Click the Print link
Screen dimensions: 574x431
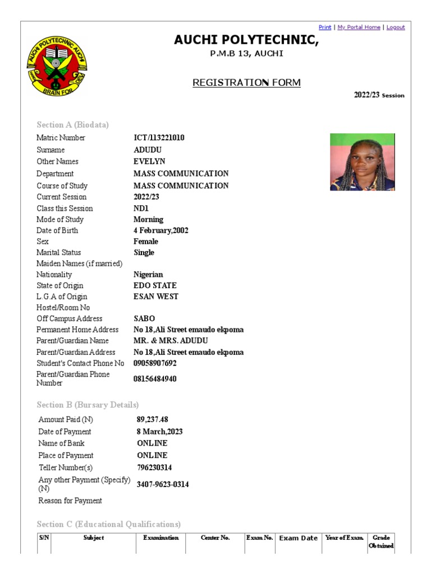click(325, 27)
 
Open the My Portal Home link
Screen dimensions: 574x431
click(359, 27)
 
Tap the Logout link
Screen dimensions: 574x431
click(396, 27)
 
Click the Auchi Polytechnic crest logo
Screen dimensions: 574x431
click(57, 67)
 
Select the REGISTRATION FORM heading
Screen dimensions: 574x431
click(246, 83)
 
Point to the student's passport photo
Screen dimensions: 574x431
click(362, 162)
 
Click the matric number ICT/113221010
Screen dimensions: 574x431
click(159, 138)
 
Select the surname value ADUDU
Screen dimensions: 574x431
click(148, 150)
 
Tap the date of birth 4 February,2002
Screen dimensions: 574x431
click(161, 230)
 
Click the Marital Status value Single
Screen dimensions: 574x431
click(144, 253)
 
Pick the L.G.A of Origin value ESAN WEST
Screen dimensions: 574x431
click(156, 297)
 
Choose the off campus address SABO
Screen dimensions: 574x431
click(144, 319)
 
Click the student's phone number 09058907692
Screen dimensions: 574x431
click(155, 363)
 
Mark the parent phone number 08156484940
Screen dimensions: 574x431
click(155, 379)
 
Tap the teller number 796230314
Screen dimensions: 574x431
click(154, 467)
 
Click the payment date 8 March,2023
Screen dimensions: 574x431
click(159, 432)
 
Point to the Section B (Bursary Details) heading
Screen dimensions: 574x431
click(88, 405)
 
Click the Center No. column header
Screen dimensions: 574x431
click(215, 538)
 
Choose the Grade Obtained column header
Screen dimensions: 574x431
click(381, 541)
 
